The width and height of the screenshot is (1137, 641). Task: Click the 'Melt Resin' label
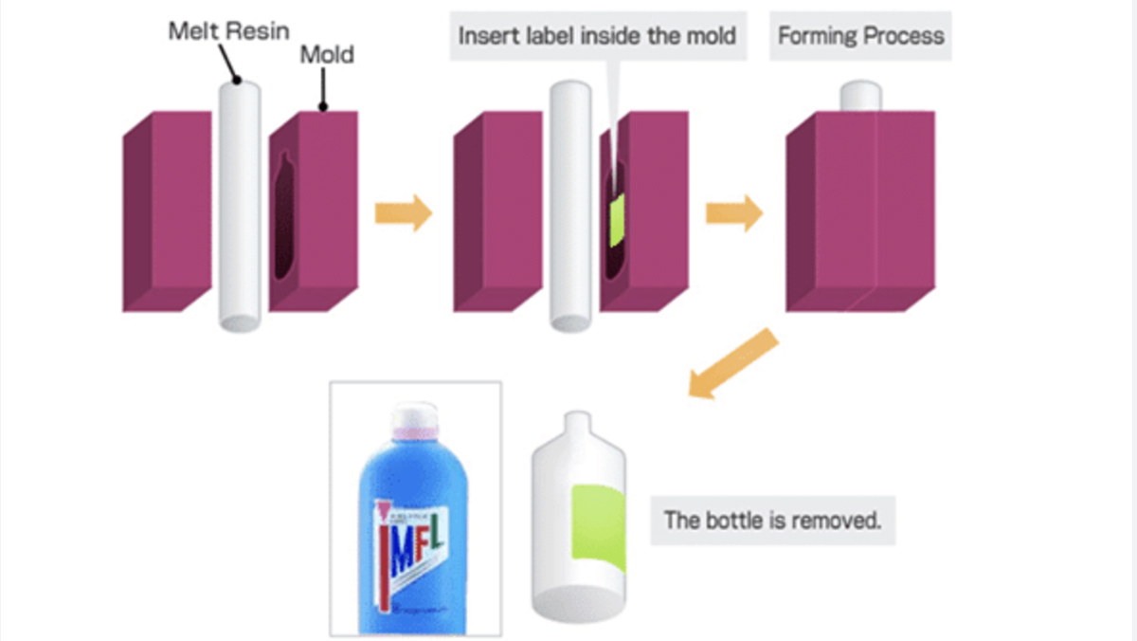[228, 30]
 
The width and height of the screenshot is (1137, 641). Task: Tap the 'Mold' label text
[327, 54]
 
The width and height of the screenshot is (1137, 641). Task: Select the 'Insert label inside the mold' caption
[597, 36]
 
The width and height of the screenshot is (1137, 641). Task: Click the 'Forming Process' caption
[860, 36]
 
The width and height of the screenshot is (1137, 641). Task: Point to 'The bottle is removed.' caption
[772, 519]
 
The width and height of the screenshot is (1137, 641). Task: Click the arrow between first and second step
[404, 212]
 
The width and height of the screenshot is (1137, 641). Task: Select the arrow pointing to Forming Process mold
[734, 212]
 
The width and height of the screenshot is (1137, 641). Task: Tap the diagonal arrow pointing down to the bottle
[731, 365]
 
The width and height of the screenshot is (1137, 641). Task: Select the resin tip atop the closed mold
[861, 96]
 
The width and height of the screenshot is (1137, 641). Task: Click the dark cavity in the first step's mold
[282, 218]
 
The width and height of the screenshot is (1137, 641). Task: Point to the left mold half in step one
[157, 213]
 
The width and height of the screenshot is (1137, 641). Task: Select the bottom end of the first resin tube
[239, 320]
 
